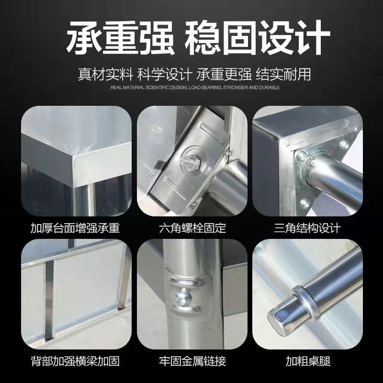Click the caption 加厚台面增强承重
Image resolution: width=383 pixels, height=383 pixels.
75,227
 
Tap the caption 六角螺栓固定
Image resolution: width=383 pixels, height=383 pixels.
192,227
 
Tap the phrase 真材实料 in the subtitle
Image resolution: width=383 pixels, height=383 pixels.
105,75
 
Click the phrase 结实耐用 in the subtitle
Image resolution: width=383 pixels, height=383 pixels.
283,75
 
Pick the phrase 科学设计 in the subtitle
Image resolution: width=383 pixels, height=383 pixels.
164,75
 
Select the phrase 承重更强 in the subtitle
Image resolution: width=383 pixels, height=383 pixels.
224,75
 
